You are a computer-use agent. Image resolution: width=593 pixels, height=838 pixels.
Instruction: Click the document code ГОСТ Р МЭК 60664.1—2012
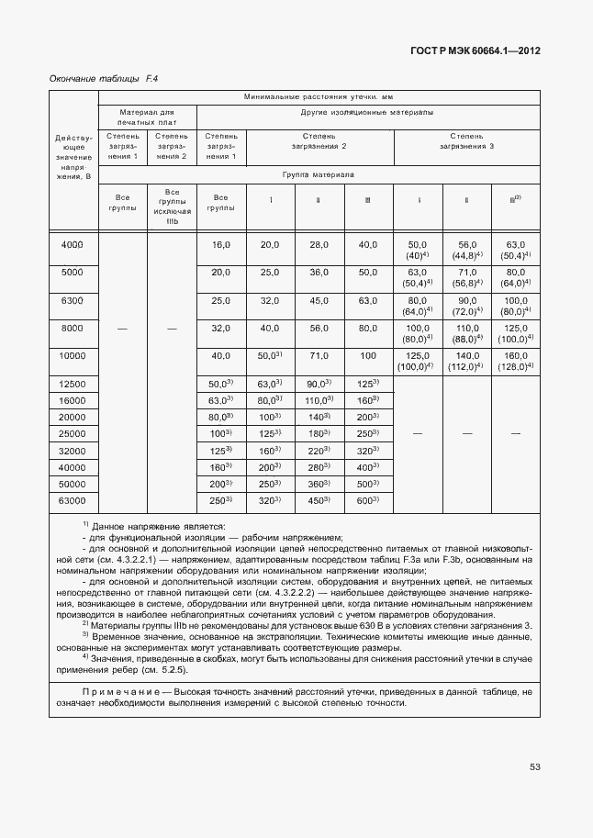coord(475,51)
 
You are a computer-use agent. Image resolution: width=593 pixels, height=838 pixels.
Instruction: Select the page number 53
coord(535,768)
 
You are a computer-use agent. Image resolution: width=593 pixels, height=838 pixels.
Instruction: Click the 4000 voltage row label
coord(72,244)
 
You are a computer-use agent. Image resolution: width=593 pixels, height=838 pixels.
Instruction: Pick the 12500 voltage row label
coord(72,384)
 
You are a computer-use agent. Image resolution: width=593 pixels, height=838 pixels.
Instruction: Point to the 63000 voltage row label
coord(72,500)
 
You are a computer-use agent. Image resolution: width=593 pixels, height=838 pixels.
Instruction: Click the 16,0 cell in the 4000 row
coord(220,244)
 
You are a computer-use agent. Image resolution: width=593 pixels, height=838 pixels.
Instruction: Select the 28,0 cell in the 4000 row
coord(319,244)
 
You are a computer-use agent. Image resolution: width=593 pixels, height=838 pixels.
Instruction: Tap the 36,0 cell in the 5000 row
coord(319,273)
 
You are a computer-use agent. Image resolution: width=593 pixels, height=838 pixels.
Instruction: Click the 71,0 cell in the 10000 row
coord(319,355)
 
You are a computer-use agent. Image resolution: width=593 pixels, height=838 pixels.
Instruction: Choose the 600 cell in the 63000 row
coord(367,500)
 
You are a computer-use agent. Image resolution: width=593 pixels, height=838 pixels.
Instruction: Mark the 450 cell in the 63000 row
coord(319,500)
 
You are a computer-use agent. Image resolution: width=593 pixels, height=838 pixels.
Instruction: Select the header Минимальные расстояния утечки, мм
coord(319,96)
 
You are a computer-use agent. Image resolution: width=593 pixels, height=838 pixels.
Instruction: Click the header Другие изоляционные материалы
coord(367,113)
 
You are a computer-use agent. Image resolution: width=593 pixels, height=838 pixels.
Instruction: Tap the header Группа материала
coord(319,173)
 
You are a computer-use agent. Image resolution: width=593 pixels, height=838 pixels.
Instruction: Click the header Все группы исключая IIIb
coord(172,207)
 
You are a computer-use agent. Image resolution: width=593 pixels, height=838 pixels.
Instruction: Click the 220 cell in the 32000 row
coord(319,451)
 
